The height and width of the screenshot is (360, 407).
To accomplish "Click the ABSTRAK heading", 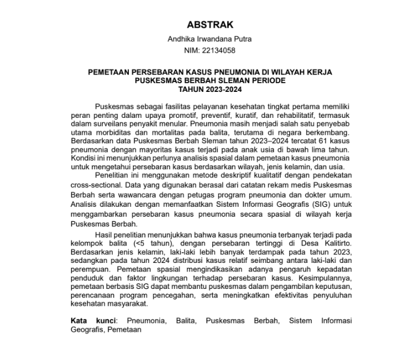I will pyautogui.click(x=210, y=25).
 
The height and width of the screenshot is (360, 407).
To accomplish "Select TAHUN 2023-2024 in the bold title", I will pyautogui.click(x=210, y=90).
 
